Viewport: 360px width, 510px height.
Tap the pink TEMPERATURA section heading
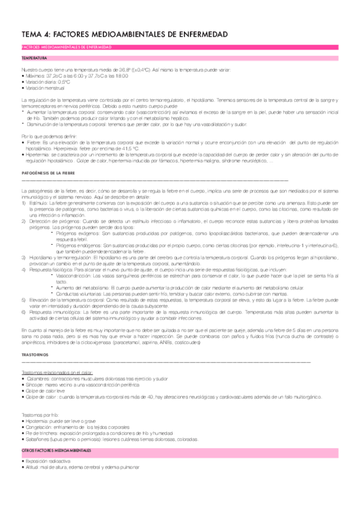pos(34,59)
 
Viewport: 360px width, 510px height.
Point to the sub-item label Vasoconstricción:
pos(75,275)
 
